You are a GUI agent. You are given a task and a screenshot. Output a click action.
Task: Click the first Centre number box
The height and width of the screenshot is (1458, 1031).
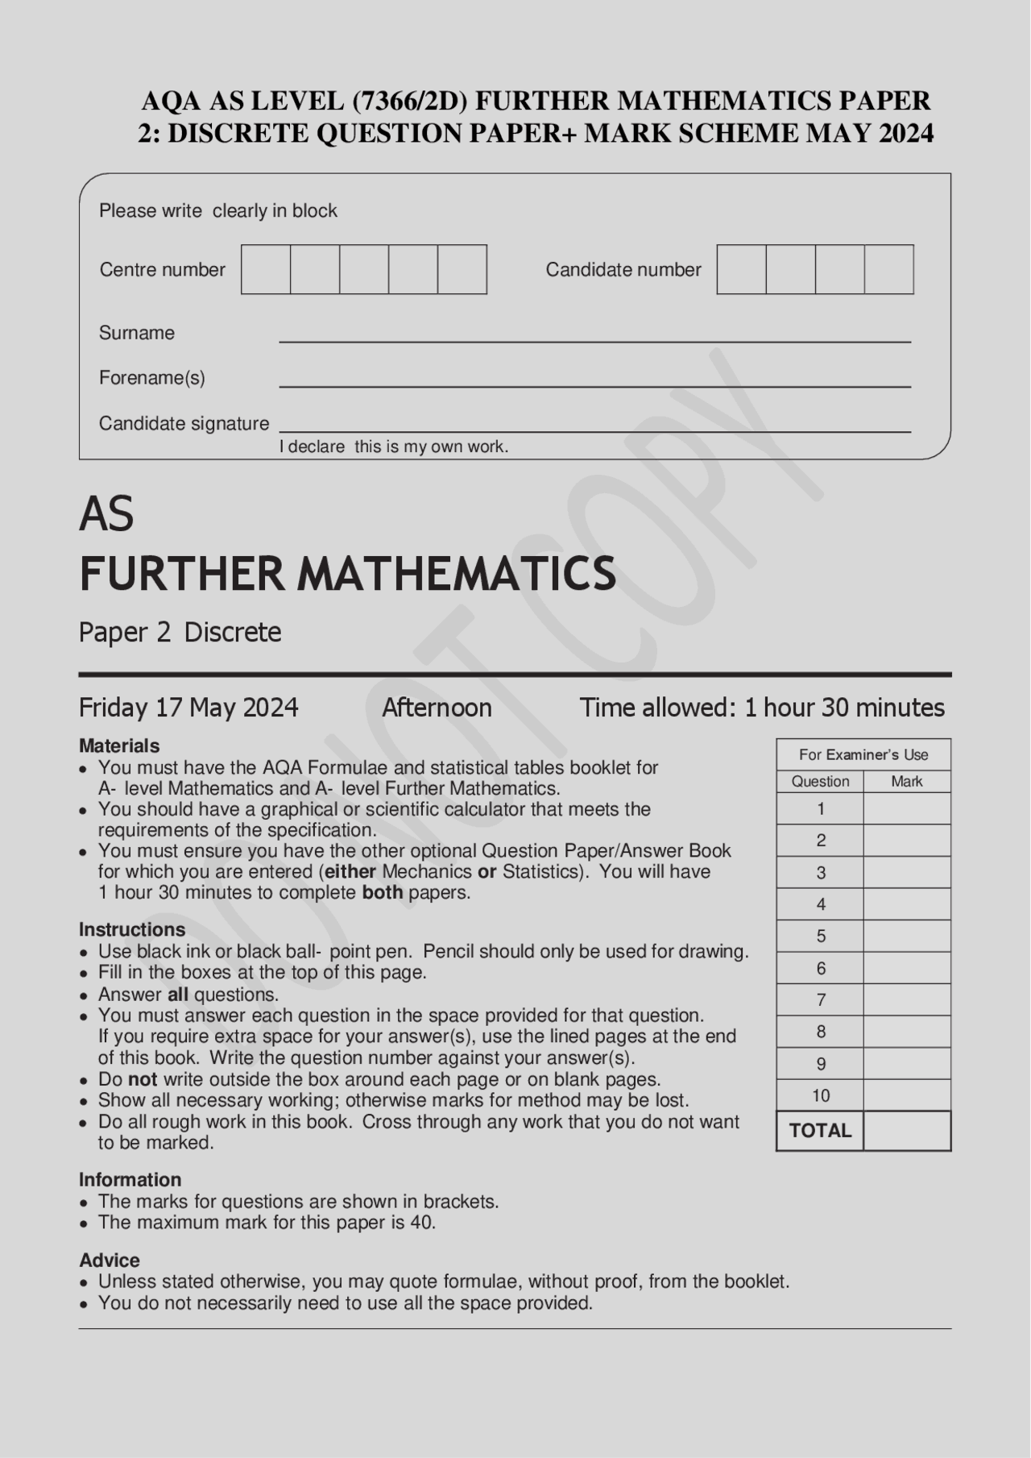(x=266, y=269)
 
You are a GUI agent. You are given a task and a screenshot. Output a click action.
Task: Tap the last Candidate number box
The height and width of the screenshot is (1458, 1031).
(x=888, y=269)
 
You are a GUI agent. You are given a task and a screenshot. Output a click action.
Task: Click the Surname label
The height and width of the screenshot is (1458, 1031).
(x=136, y=333)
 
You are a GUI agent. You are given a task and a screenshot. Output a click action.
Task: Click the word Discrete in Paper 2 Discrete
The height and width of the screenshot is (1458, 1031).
(x=233, y=632)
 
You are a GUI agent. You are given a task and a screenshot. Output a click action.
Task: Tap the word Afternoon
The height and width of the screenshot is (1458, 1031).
(x=437, y=708)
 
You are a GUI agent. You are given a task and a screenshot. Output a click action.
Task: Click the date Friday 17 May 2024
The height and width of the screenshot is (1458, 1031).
(x=188, y=708)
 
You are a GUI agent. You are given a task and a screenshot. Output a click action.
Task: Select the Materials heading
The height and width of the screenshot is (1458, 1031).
(x=119, y=746)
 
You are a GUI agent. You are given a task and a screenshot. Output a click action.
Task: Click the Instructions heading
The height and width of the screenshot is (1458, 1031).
(x=132, y=929)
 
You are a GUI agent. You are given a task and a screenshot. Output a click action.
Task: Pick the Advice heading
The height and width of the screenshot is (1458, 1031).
(x=110, y=1260)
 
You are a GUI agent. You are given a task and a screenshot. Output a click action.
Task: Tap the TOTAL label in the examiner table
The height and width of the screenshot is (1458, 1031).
(x=820, y=1131)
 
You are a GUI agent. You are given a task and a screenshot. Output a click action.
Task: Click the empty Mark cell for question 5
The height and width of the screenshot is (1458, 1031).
(x=906, y=936)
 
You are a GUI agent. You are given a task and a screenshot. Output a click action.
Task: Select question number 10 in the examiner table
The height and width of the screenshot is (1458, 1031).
(x=821, y=1095)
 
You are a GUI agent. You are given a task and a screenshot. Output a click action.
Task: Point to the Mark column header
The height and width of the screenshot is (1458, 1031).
(x=906, y=781)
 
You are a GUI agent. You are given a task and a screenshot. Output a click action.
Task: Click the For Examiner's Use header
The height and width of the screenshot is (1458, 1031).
(x=863, y=754)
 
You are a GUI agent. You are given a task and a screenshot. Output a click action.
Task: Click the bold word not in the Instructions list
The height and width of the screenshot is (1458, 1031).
(x=143, y=1079)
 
